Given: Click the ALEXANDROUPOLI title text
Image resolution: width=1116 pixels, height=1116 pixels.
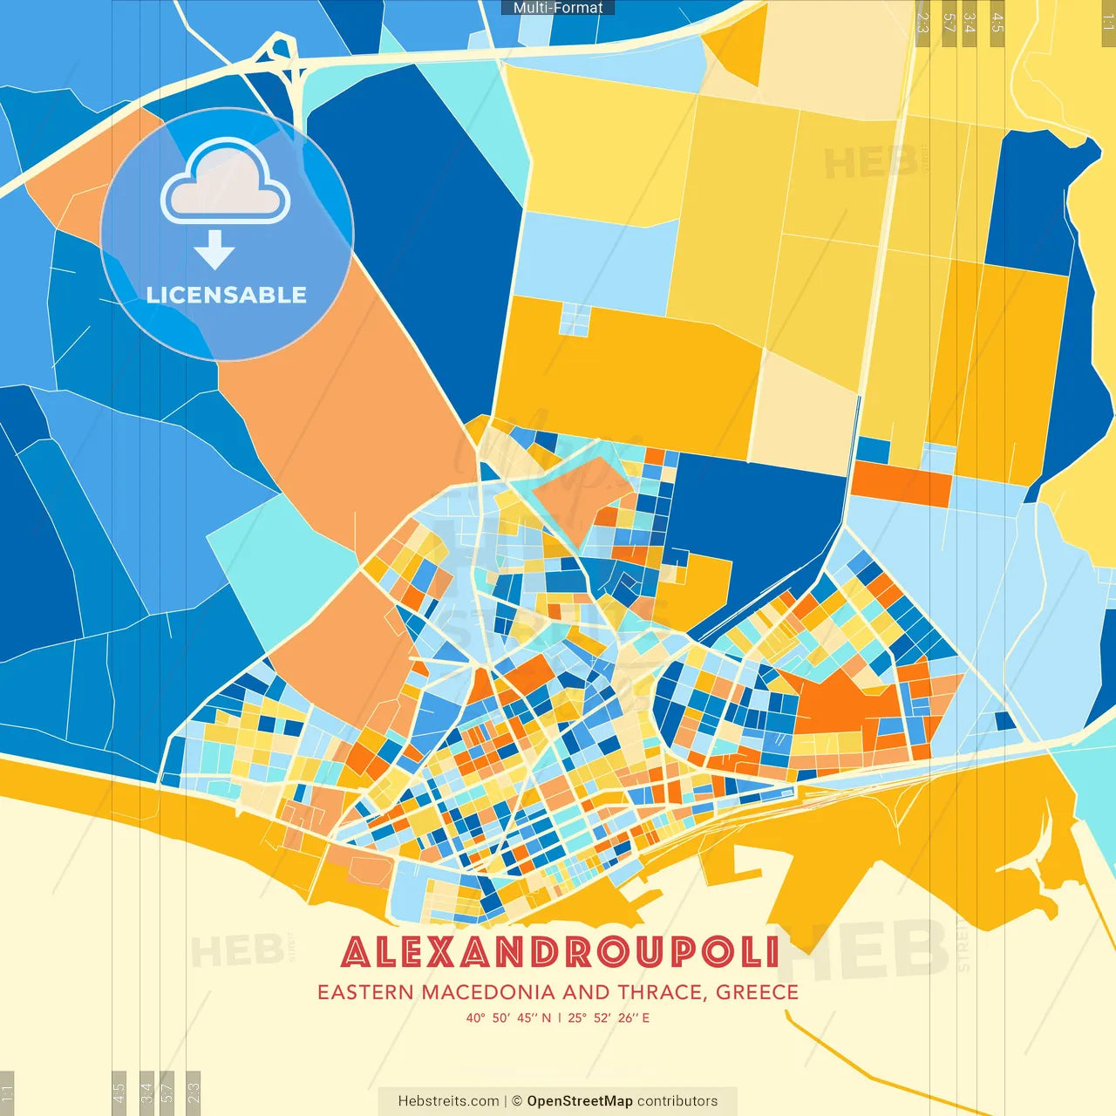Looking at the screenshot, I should pos(559,952).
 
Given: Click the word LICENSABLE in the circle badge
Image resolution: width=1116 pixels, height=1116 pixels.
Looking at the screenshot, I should pos(226,295).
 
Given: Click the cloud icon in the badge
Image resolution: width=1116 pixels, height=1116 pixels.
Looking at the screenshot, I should pos(226,184).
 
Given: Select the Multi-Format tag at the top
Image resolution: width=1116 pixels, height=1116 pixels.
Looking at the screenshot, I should pos(558,8).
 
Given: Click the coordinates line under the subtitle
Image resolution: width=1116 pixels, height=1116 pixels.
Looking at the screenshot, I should pos(558,1017).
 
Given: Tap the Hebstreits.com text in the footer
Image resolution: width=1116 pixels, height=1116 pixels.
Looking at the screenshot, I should pos(448,1101).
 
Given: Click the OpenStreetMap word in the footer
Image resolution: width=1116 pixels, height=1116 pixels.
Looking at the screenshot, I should pos(580,1101).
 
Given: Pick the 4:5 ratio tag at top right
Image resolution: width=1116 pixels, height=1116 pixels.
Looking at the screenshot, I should pos(997,22).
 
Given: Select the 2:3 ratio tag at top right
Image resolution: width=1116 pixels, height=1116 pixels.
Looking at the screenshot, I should pos(922,22).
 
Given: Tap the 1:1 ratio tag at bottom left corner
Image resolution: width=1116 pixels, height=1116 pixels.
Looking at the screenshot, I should pos(7,1092).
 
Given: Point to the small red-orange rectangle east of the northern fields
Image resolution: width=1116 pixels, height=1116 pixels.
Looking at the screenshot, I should pos(901,485).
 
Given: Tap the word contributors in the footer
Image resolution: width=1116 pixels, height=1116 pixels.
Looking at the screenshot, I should pos(677,1101).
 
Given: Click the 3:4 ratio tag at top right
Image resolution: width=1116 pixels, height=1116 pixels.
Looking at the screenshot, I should pos(969,22).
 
